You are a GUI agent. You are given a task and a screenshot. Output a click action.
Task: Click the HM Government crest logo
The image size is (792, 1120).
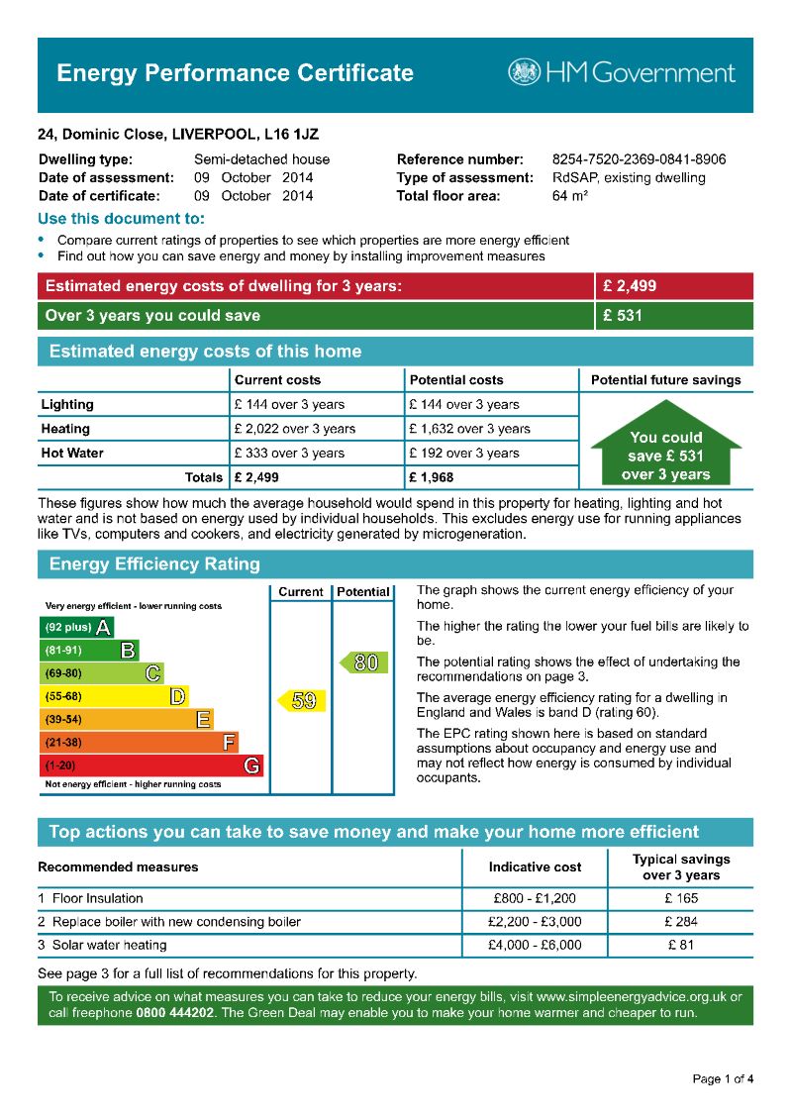click(x=525, y=72)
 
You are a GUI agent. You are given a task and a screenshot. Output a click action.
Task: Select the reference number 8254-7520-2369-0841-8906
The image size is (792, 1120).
click(x=639, y=159)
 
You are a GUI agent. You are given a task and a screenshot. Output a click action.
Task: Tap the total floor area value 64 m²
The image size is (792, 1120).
click(x=570, y=196)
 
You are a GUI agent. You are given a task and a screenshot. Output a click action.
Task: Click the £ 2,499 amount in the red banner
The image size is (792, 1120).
click(x=630, y=286)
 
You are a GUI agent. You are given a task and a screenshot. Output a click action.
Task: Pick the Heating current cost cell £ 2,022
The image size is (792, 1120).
click(x=294, y=429)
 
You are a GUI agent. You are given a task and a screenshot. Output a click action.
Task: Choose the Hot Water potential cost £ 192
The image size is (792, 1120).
click(x=463, y=453)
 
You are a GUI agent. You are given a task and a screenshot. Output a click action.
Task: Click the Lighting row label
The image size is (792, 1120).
click(x=67, y=404)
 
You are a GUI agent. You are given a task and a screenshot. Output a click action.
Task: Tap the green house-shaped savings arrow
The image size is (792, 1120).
click(x=665, y=444)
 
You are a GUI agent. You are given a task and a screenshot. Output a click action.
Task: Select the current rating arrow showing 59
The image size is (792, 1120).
click(x=299, y=701)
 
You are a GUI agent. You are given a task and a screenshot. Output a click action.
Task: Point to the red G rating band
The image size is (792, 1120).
click(x=152, y=765)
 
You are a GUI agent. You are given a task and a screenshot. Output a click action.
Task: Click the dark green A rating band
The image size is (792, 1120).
click(x=76, y=627)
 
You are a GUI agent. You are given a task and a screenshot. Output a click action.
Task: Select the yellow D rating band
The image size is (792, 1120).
click(x=114, y=696)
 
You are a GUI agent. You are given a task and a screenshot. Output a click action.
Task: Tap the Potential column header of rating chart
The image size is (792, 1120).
click(x=363, y=591)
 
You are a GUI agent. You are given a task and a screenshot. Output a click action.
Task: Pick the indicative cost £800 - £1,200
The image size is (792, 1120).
click(x=535, y=898)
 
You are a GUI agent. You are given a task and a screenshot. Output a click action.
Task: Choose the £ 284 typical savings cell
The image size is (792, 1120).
click(x=681, y=922)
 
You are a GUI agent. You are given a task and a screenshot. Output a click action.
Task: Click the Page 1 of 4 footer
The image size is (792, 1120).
click(x=723, y=1078)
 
